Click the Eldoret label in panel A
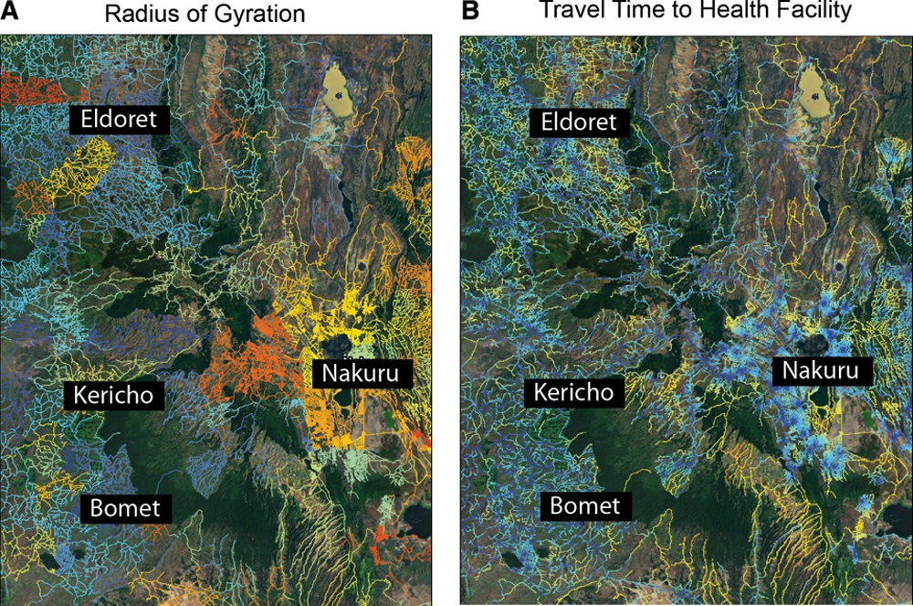coord(117,119)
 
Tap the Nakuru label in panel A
coord(362,373)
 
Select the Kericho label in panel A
coord(114,395)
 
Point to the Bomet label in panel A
coord(126,507)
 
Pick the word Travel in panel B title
coord(570,12)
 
